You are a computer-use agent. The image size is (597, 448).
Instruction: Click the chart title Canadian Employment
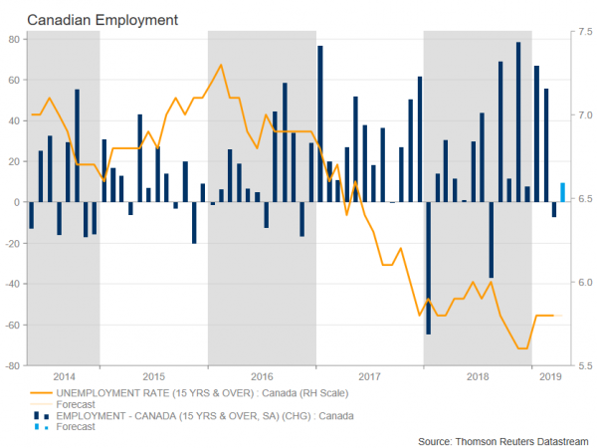click(89, 19)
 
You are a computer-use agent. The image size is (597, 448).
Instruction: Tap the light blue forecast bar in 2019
click(564, 192)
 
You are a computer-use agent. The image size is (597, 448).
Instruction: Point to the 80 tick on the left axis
click(15, 39)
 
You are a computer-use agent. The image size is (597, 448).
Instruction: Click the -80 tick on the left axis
click(13, 365)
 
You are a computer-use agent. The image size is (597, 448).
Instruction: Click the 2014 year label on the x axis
click(64, 377)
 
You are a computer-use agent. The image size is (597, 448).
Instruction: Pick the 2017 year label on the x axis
click(369, 377)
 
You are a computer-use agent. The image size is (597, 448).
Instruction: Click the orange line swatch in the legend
click(42, 392)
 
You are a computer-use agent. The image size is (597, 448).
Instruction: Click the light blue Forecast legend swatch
click(42, 426)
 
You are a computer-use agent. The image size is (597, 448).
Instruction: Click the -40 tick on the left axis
click(13, 284)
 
